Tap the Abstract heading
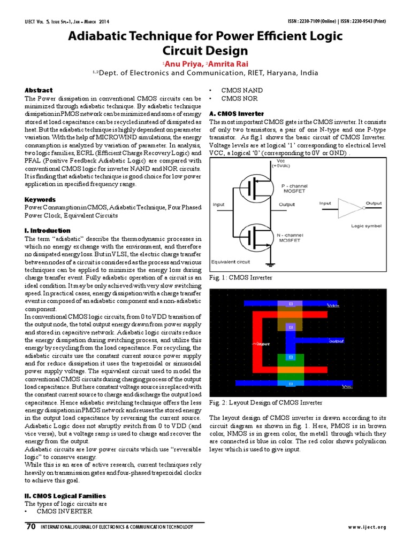point(39,90)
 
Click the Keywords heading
point(40,199)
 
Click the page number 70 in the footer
point(31,527)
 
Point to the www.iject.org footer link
point(367,528)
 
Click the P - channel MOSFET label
point(294,188)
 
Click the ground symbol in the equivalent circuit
point(271,263)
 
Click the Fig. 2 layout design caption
point(266,402)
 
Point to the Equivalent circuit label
point(231,262)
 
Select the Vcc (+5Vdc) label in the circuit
point(282,163)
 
